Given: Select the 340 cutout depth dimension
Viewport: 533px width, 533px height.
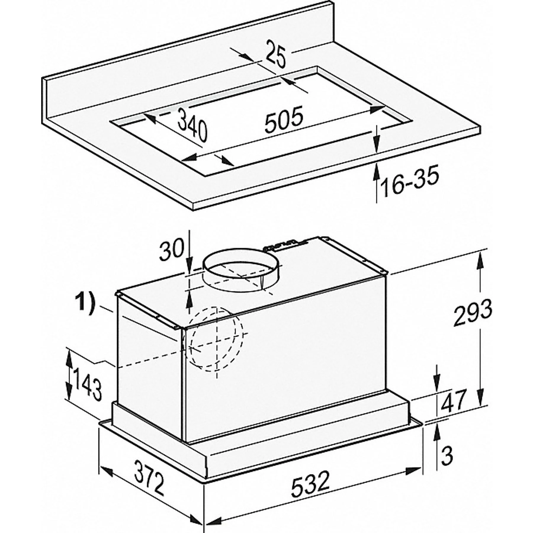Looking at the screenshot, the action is pos(193,124).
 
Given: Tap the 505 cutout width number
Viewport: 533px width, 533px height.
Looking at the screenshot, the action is pos(284,119).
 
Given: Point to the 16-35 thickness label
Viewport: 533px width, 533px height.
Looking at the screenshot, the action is pos(410,183).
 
